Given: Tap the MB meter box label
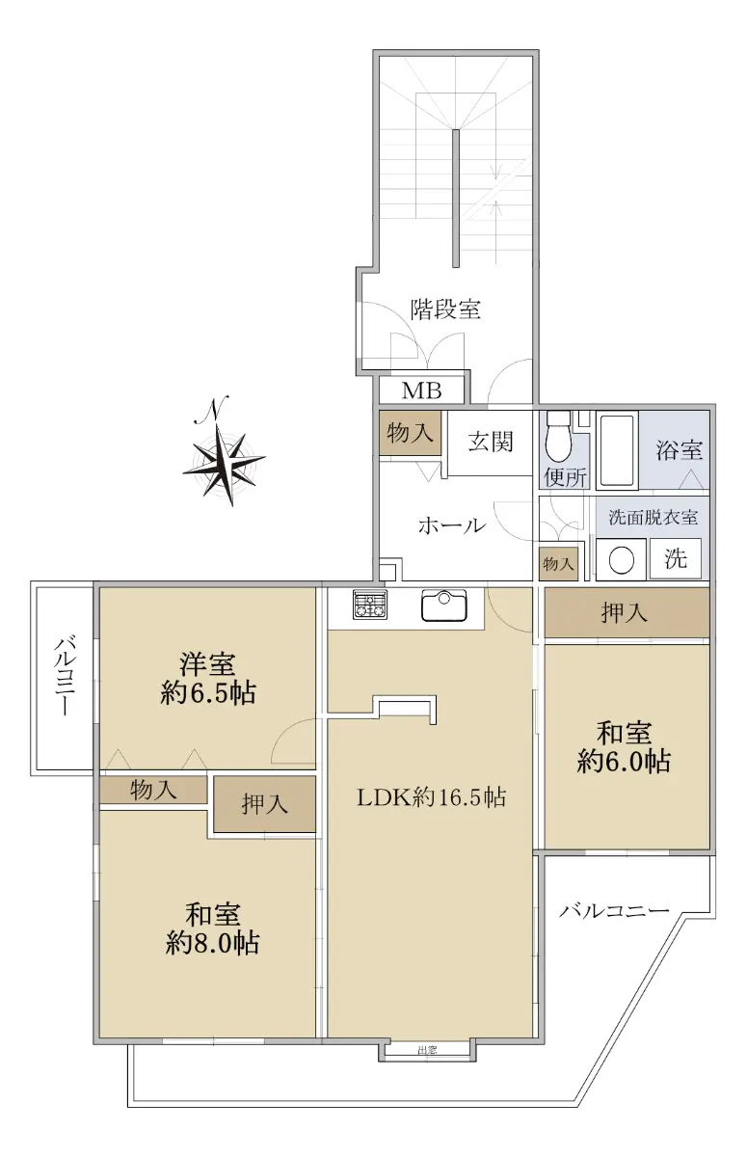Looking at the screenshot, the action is [422, 391].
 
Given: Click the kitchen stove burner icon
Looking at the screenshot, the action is [369, 605].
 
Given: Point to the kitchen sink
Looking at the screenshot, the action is [444, 605].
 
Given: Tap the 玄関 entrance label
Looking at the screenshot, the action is [491, 443].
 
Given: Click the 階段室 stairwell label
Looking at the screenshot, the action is [445, 309].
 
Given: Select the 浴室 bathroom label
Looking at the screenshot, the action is [679, 450].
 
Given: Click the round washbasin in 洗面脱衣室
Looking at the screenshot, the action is [621, 560].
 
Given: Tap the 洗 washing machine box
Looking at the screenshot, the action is [676, 558].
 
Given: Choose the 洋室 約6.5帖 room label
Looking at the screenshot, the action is [207, 678].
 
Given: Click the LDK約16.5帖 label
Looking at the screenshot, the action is [431, 797].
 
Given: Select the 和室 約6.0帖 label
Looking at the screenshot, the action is [624, 746].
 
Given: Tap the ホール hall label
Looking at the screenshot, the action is [452, 525].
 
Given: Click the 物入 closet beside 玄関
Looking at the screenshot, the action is [411, 433].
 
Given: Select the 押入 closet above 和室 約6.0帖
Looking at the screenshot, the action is [627, 612].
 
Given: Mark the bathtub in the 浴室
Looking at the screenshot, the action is [618, 450].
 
